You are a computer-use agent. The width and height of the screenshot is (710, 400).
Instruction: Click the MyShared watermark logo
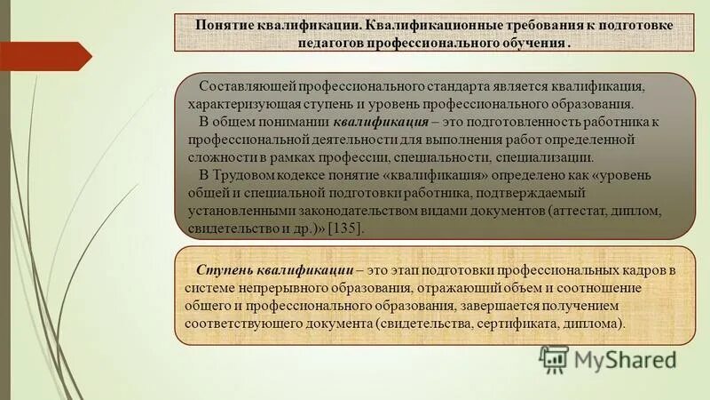coord(609,359)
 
